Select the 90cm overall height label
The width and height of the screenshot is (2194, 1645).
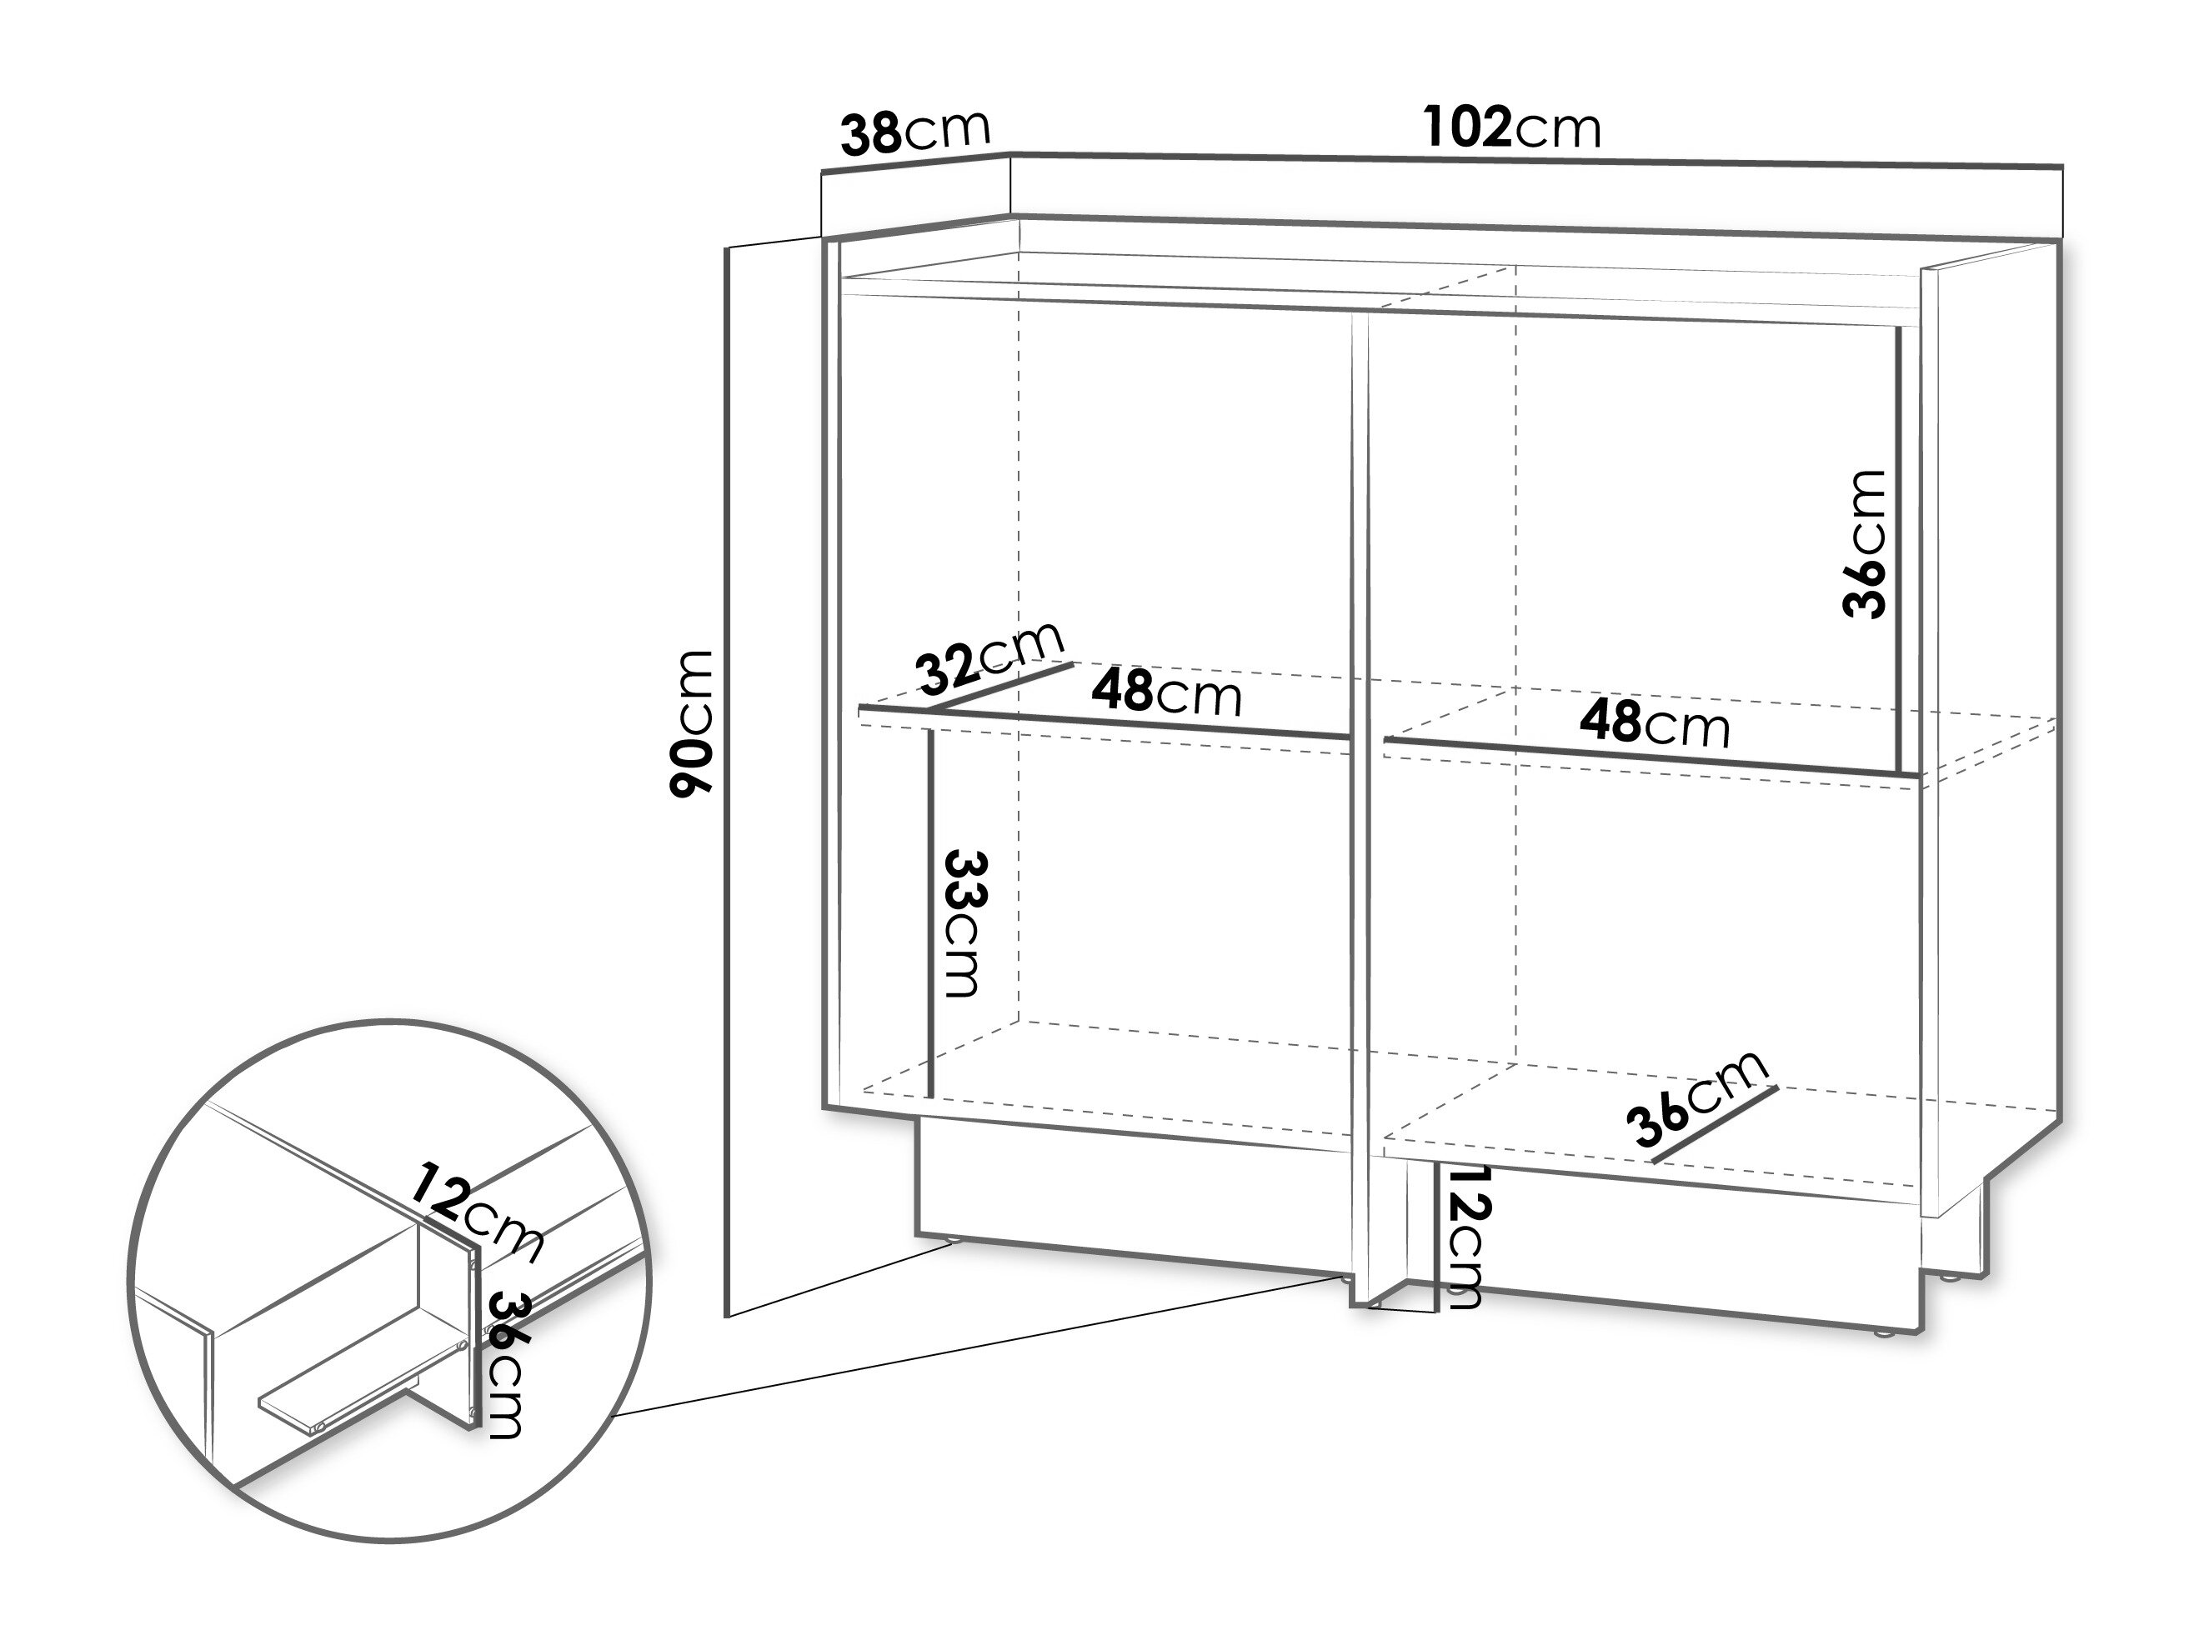[x=691, y=724]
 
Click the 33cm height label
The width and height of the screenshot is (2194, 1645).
[x=963, y=922]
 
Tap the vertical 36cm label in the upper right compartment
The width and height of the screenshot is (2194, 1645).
[x=1864, y=544]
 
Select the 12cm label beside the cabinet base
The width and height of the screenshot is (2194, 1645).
[x=1465, y=1237]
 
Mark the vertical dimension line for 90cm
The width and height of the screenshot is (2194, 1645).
[x=728, y=782]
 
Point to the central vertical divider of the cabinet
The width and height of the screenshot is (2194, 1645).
[x=1360, y=813]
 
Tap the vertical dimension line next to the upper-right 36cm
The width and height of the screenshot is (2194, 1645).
[x=1897, y=550]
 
